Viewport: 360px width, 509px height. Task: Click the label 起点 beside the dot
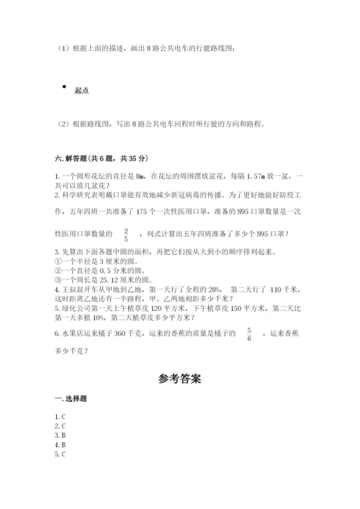81,91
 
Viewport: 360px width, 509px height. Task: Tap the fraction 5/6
269,333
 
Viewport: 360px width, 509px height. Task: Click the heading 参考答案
179,379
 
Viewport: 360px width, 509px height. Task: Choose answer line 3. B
60,436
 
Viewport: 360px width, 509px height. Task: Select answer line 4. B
60,445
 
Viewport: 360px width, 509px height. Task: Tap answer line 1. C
60,417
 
